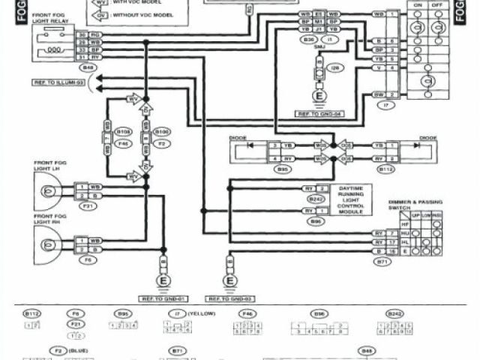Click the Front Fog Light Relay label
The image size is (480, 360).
pos(53,18)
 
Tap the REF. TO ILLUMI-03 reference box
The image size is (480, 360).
pos(57,82)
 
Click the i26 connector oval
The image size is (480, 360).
pos(334,68)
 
